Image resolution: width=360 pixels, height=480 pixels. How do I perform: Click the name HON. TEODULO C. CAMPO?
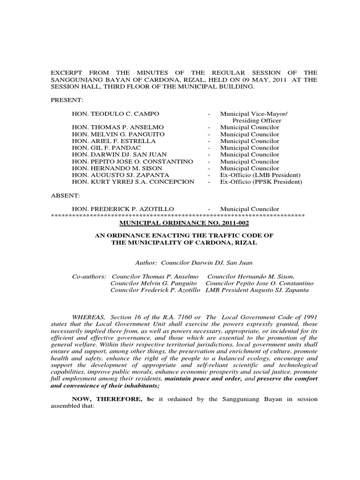click(115, 114)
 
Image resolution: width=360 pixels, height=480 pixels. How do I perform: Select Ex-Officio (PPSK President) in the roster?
click(261, 182)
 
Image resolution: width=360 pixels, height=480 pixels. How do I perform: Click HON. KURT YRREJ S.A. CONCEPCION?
click(133, 182)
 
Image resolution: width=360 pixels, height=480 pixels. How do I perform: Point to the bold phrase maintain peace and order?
click(203, 378)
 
